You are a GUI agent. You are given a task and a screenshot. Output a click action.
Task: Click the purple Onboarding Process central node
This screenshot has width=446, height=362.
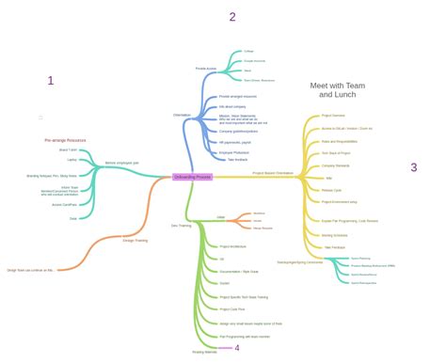pos(193,176)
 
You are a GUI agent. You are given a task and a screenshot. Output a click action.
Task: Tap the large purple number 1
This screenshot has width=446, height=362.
pos(51,81)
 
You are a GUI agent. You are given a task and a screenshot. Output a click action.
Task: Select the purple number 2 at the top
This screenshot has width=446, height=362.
pos(232,16)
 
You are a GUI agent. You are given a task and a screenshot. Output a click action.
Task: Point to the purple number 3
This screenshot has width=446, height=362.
pos(413,167)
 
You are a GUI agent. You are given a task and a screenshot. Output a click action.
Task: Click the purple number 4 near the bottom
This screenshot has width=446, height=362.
pos(237,348)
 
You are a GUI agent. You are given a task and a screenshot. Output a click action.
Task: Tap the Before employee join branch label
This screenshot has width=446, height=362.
pos(121,163)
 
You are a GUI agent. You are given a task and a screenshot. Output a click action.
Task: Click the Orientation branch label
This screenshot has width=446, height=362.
pos(182,115)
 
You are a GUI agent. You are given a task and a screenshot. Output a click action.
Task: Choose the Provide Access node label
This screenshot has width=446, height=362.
pos(206,69)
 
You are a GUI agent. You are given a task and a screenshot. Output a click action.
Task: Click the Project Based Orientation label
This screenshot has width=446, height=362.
pos(273,173)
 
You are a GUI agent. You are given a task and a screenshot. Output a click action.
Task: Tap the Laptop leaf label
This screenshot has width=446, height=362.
pos(72,160)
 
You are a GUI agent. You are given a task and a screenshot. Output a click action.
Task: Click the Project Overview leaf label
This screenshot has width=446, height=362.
pos(334,117)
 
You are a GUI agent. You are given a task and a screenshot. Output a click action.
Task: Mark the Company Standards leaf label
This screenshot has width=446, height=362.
pos(335,165)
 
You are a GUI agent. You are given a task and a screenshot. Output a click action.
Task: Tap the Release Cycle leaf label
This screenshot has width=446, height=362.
pos(332,190)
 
